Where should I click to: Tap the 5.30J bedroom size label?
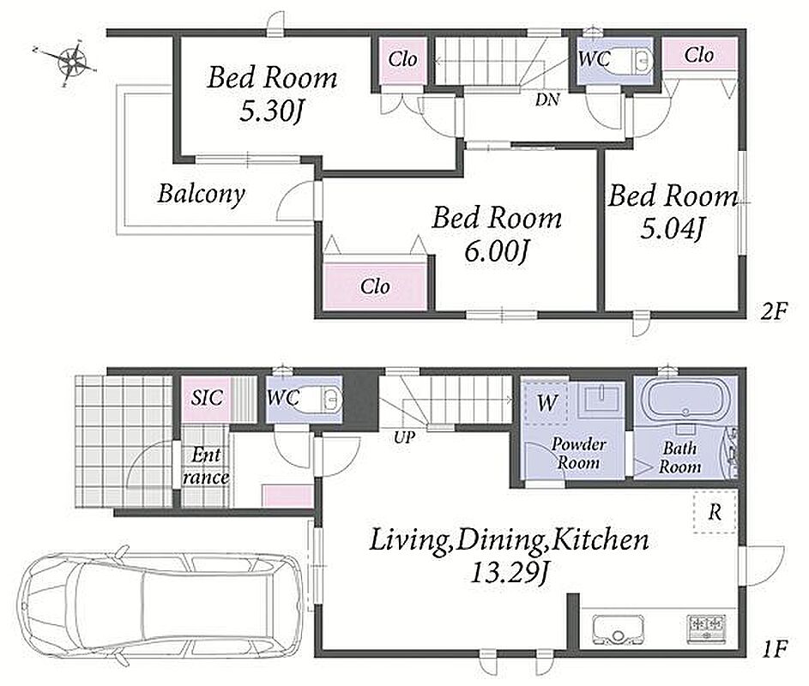(270, 111)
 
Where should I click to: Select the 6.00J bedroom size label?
(496, 251)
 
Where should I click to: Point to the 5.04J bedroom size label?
(673, 227)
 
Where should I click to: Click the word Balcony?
(202, 194)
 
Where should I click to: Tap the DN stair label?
(547, 99)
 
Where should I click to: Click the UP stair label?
(405, 437)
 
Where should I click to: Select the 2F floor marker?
(774, 311)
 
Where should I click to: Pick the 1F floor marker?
(775, 648)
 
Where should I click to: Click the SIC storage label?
(207, 398)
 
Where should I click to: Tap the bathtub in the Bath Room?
(685, 398)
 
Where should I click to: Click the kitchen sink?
(618, 629)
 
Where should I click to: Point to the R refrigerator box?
(715, 512)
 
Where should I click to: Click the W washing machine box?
(546, 403)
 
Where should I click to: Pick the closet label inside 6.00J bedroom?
(375, 286)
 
